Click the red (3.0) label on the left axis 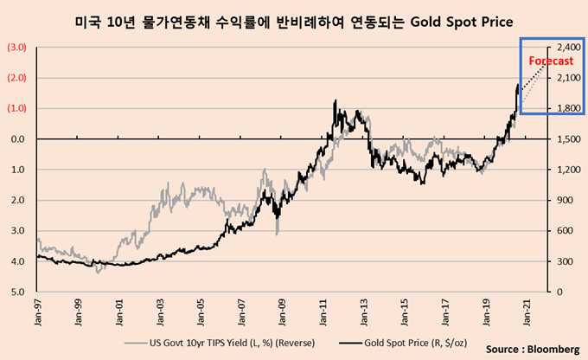[16, 47]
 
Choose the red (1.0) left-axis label [16, 108]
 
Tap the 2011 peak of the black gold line [335, 101]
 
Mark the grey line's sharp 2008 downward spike [277, 232]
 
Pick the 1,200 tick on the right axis [566, 170]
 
